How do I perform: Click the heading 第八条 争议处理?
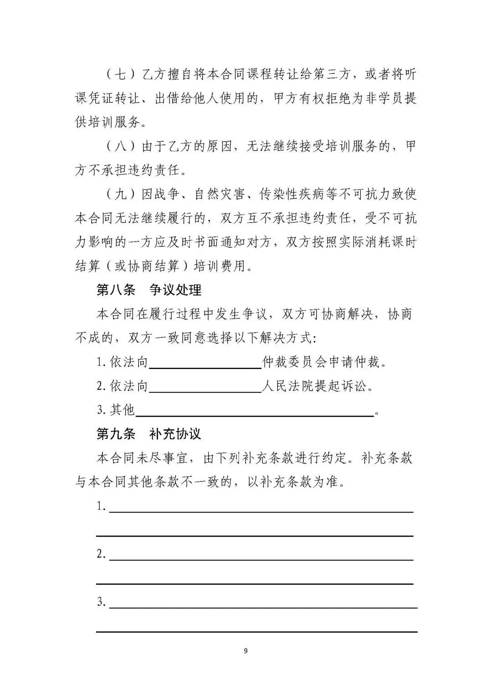tap(149, 290)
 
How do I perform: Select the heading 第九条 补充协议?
tap(149, 433)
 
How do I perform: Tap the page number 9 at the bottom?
tap(246, 651)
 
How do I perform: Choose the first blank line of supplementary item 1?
tap(261, 508)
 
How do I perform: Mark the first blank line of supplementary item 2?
tap(261, 556)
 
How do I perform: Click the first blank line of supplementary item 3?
tap(263, 604)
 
